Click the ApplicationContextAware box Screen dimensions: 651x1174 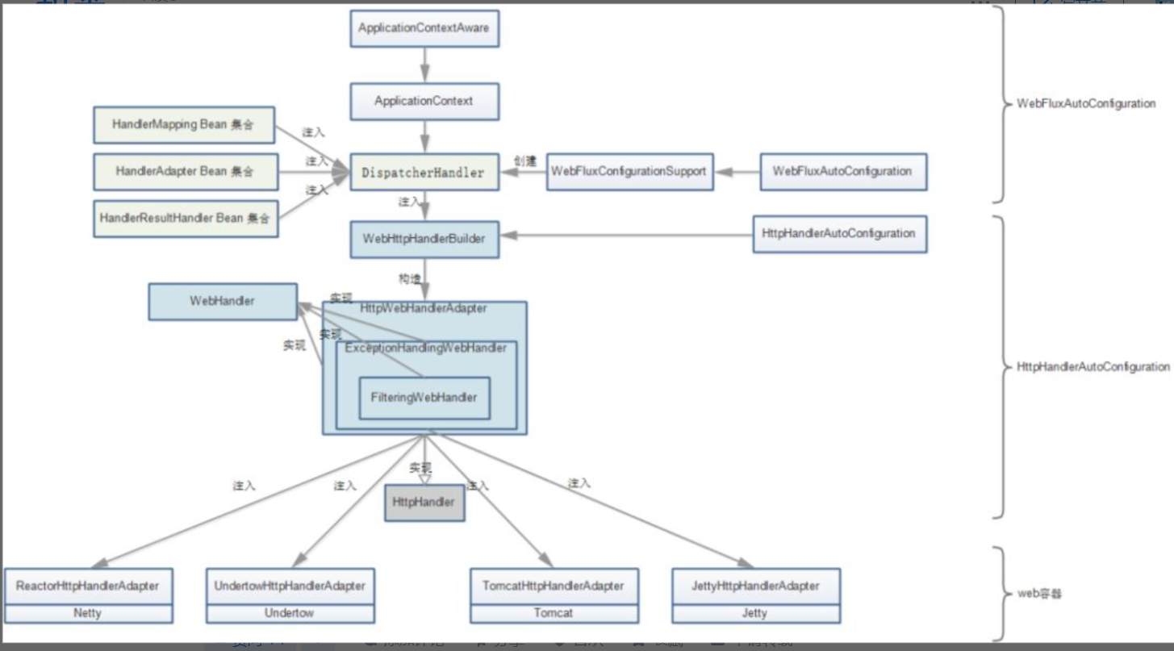(424, 28)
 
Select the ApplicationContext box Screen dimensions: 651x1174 (424, 102)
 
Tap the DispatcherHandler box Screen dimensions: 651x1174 (424, 172)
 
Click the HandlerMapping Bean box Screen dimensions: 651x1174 (184, 125)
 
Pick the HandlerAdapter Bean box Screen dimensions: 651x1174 (186, 172)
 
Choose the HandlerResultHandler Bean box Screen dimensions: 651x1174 (186, 218)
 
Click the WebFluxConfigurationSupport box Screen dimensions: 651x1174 (629, 172)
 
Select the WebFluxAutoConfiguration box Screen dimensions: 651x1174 (843, 172)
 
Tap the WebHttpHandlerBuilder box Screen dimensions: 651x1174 (424, 239)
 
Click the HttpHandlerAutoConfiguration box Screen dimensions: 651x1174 (839, 234)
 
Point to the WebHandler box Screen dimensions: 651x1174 (223, 301)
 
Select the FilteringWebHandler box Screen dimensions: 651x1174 (424, 398)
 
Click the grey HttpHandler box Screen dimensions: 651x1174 (424, 503)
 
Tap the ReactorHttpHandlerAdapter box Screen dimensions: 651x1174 (88, 586)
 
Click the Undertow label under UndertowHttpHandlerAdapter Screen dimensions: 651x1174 (290, 613)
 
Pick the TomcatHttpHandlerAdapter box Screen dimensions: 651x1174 (554, 586)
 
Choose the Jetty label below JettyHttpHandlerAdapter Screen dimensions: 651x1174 (756, 613)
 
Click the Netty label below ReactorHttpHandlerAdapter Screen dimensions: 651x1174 (88, 613)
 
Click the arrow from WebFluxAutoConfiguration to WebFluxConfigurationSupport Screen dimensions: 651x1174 (737, 172)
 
